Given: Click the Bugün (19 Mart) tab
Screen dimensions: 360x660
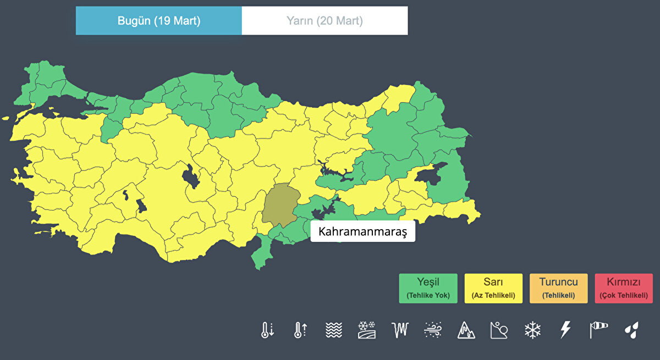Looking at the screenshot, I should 158,21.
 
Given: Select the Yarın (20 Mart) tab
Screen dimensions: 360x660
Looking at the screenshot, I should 324,21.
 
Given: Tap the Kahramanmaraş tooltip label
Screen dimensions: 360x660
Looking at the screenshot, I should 362,232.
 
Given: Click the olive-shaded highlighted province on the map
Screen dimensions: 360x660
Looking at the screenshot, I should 279,203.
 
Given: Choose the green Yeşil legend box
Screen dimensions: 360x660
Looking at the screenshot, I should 428,288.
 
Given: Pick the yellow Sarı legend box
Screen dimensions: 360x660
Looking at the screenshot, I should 493,288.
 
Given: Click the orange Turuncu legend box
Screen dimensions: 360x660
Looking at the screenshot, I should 558,288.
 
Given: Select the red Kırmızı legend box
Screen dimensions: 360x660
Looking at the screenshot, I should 624,288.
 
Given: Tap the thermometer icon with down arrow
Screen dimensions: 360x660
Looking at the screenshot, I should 267,330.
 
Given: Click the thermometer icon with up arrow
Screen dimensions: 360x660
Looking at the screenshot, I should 300,330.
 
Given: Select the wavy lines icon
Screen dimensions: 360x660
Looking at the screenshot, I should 334,330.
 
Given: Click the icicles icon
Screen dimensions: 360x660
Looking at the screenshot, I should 400,330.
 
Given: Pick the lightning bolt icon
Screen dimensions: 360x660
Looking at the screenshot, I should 565,330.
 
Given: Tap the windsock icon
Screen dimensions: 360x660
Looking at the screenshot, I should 599,330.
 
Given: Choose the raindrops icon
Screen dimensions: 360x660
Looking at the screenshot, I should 632,330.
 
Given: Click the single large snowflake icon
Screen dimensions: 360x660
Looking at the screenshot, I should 532,330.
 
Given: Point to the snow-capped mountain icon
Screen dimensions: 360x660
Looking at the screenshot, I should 466,330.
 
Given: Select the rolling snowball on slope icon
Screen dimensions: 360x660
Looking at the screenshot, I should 499,330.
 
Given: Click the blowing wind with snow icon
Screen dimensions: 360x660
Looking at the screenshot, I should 433,330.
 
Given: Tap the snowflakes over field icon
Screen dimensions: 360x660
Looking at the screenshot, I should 367,330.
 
